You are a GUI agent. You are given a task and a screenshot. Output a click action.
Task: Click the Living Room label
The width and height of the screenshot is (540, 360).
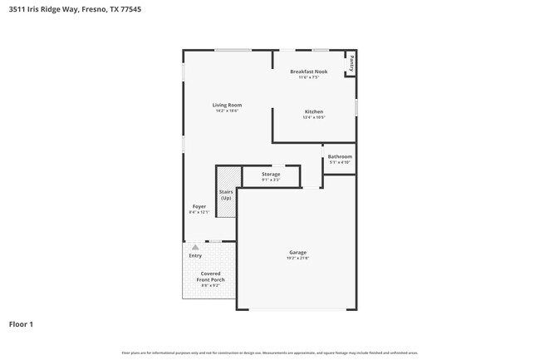[x=227, y=105]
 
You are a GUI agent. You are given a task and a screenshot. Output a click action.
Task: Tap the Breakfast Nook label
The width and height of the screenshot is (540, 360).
[x=308, y=72]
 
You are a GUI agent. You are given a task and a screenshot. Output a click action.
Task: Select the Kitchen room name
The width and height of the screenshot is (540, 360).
[x=313, y=111]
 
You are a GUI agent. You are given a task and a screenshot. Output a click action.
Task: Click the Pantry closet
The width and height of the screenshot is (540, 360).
[x=352, y=62]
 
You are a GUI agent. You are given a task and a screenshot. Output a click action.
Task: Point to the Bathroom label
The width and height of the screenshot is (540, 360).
[x=339, y=156]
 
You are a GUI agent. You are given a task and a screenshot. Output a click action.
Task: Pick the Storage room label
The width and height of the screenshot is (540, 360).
[x=271, y=174]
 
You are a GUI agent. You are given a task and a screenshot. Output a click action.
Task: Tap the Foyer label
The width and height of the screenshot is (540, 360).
[x=199, y=206]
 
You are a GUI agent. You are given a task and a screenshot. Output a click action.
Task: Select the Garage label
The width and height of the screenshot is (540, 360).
[x=297, y=252]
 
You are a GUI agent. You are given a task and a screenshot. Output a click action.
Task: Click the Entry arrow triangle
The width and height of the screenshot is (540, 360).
[x=195, y=247]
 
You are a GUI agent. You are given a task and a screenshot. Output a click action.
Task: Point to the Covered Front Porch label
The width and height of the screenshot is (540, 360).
[x=209, y=276]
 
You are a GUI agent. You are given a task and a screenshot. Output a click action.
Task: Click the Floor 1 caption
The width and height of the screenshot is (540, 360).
[x=22, y=323]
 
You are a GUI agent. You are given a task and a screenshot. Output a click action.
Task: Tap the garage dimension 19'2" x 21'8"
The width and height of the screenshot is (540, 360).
[x=297, y=258]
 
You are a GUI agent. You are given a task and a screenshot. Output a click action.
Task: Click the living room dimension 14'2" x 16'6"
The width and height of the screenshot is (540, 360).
[x=227, y=111]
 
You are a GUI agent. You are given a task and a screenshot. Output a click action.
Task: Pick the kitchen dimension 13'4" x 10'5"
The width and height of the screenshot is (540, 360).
[x=313, y=117]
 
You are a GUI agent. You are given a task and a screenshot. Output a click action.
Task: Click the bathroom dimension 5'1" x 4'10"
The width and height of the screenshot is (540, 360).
[x=339, y=162]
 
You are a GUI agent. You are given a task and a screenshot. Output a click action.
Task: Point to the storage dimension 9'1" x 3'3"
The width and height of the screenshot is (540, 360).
[x=271, y=180]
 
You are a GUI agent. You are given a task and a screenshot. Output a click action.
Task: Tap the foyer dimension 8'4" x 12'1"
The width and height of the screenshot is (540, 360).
[x=199, y=212]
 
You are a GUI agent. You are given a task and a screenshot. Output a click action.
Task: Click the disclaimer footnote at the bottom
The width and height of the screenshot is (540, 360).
[x=270, y=353]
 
